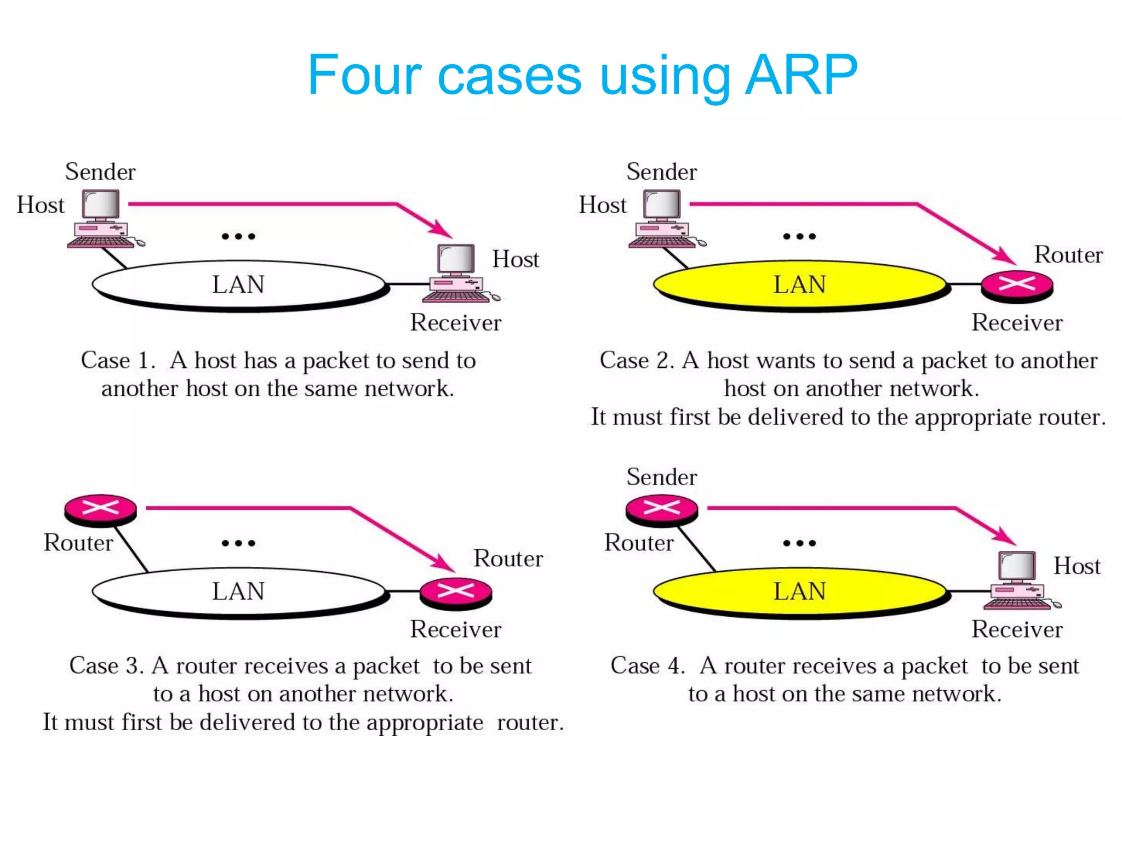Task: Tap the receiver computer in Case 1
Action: [x=459, y=274]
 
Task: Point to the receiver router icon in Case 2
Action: [x=1017, y=286]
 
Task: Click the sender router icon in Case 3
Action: [x=101, y=509]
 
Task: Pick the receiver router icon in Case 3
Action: [x=456, y=593]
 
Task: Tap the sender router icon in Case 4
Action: [x=662, y=509]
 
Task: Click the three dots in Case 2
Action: [x=799, y=237]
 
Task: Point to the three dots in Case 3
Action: [x=238, y=543]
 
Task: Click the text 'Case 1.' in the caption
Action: [x=118, y=361]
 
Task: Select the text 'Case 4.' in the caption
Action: [x=648, y=666]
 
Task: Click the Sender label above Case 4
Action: [x=662, y=477]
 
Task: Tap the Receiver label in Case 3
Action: [x=456, y=629]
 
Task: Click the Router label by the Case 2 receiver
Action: [x=1068, y=255]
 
